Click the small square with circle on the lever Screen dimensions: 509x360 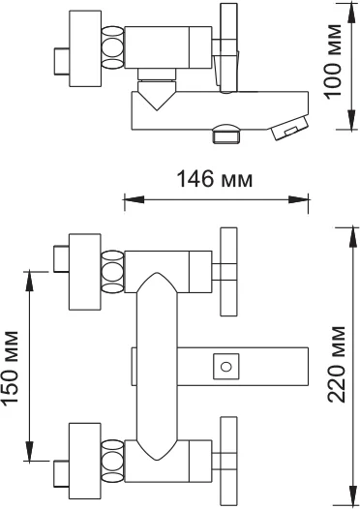[x=226, y=367]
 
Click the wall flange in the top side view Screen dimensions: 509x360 [x=85, y=45]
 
